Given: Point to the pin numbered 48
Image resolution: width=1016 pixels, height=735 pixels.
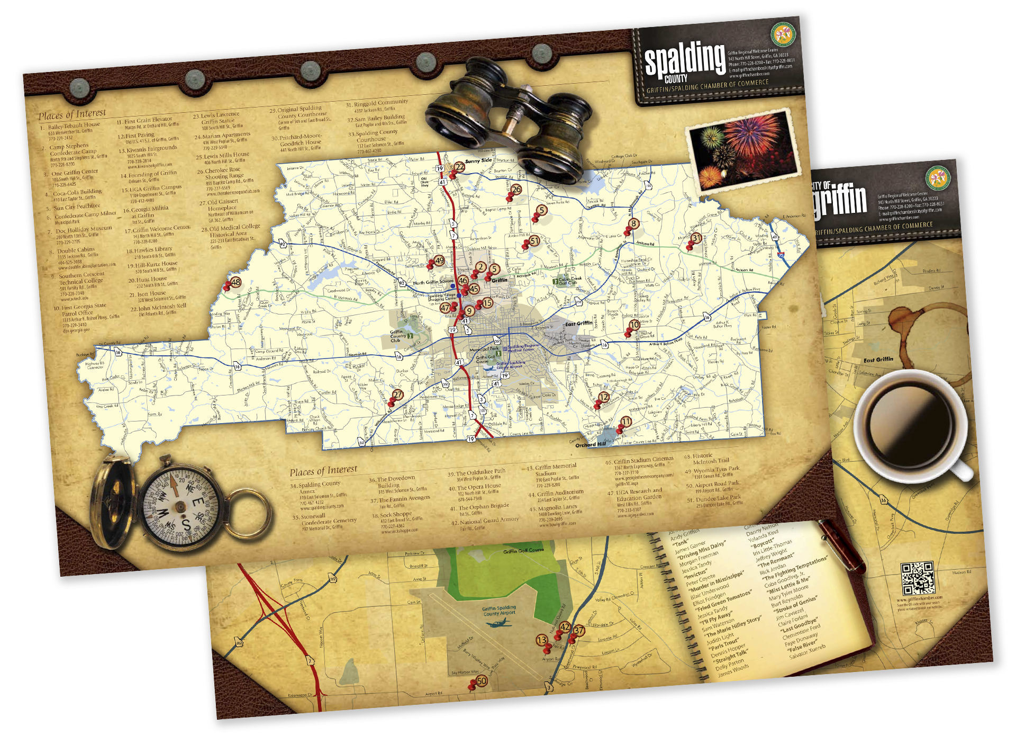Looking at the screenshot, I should click(234, 283).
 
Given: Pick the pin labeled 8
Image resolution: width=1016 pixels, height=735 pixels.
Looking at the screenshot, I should click(633, 225).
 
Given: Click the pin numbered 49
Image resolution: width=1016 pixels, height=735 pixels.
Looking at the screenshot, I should click(438, 262).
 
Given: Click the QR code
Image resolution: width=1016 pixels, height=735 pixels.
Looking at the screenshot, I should click(918, 579).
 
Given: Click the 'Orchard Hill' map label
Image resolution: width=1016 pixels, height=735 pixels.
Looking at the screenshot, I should click(591, 445).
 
